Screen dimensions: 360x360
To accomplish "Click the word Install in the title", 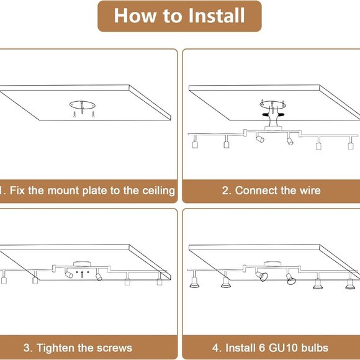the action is click(x=216, y=16).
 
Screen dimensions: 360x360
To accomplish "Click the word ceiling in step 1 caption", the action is click(x=159, y=191).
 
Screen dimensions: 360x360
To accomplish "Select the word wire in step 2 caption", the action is click(x=310, y=191).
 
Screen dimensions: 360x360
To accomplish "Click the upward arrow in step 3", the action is click(x=82, y=274).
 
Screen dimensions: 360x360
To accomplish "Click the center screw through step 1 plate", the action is click(x=82, y=107).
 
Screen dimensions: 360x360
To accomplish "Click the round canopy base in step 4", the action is click(x=272, y=264).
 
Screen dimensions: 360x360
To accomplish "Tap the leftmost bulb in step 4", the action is click(x=194, y=282).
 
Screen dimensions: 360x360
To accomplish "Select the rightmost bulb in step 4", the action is click(x=349, y=284).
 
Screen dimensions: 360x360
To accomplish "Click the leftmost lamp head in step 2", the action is click(x=195, y=145).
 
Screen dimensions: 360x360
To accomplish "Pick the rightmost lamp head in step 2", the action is click(x=351, y=146).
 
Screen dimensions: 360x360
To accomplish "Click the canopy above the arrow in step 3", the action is click(x=82, y=264).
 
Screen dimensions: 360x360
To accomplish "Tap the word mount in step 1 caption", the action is click(x=63, y=191).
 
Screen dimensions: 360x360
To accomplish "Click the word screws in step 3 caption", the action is click(x=114, y=348).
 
